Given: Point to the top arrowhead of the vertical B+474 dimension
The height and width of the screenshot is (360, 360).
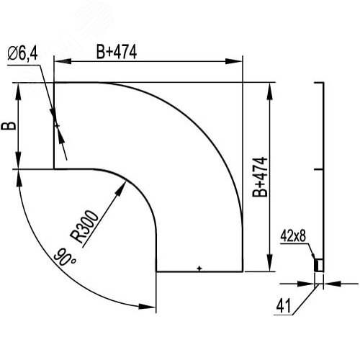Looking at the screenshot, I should tap(270, 87).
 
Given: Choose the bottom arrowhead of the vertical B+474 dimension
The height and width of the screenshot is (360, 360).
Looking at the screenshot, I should tap(270, 267).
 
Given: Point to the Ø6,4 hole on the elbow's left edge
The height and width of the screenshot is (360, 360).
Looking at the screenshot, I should tap(55, 125).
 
